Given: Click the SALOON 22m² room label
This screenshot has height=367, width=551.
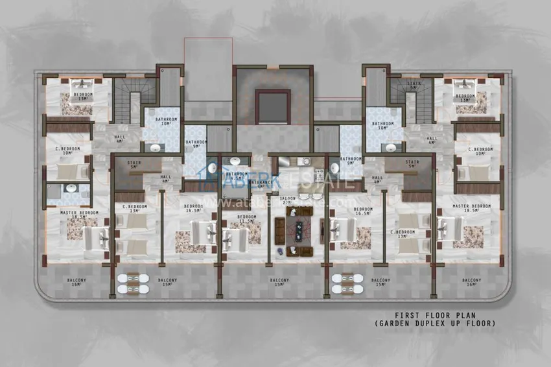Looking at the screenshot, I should point(289,200).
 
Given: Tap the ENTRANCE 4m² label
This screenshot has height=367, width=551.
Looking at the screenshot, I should point(261,184).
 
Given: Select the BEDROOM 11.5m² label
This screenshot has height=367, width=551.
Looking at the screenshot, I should point(247,219).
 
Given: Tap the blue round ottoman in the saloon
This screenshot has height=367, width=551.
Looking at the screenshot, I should point(279,250).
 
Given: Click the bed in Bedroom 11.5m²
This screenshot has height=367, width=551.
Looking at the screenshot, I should point(235,239).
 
